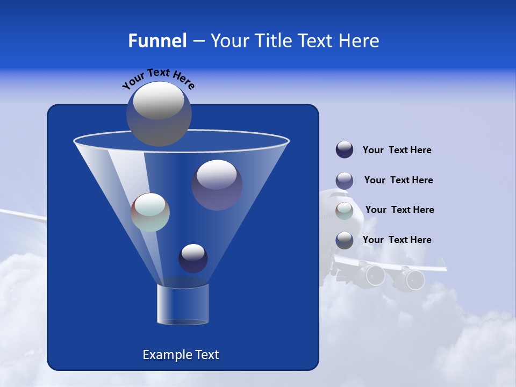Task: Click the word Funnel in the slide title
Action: pyautogui.click(x=157, y=41)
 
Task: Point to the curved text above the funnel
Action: pyautogui.click(x=158, y=78)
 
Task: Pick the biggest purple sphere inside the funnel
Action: pyautogui.click(x=217, y=184)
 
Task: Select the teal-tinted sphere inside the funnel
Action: pyautogui.click(x=150, y=212)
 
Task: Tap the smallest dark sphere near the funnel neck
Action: pyautogui.click(x=193, y=258)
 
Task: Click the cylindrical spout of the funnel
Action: pyautogui.click(x=182, y=304)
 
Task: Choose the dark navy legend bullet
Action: pyautogui.click(x=345, y=150)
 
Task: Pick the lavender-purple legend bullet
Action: pyautogui.click(x=345, y=180)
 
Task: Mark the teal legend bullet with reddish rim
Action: pyautogui.click(x=345, y=210)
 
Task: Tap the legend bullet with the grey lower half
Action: pyautogui.click(x=345, y=240)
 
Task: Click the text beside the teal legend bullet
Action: pyautogui.click(x=399, y=210)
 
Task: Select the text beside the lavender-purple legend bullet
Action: pyautogui.click(x=398, y=180)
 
